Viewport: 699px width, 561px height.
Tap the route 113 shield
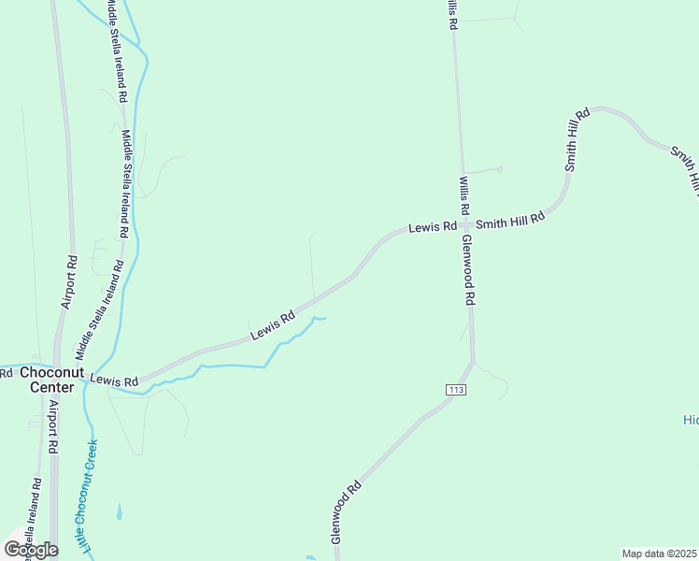455,389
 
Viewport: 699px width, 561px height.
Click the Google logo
31,549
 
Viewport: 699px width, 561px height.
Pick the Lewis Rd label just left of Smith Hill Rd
433,226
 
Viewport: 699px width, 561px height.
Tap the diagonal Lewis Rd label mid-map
273,326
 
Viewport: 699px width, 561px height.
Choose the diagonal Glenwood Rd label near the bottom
346,512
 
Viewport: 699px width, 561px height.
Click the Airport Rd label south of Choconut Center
53,427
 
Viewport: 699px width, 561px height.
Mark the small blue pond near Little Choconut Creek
119,512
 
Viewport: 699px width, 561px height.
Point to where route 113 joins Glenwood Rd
473,361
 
